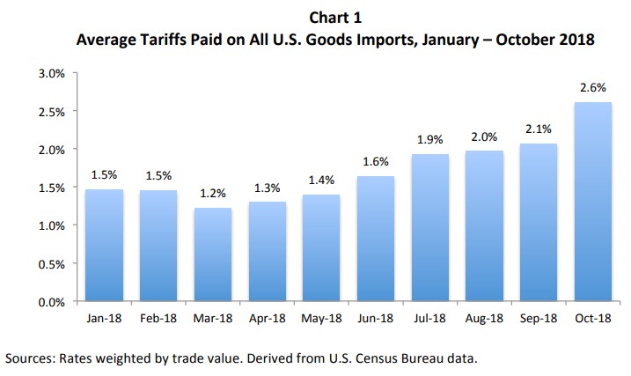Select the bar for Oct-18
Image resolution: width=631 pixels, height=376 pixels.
(x=593, y=203)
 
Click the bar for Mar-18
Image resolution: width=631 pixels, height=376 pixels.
(x=212, y=255)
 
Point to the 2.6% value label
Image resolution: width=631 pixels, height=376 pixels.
(x=593, y=89)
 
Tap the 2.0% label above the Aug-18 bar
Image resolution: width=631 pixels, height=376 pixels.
(x=484, y=137)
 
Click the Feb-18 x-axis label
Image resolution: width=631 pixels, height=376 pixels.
(x=158, y=319)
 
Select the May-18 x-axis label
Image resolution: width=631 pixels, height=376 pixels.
(x=321, y=319)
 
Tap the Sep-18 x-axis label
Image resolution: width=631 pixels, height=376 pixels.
(x=539, y=319)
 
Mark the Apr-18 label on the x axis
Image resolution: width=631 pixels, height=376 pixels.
(x=267, y=319)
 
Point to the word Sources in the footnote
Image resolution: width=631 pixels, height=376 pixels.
(x=31, y=359)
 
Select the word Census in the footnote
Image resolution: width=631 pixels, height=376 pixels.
(x=374, y=359)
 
